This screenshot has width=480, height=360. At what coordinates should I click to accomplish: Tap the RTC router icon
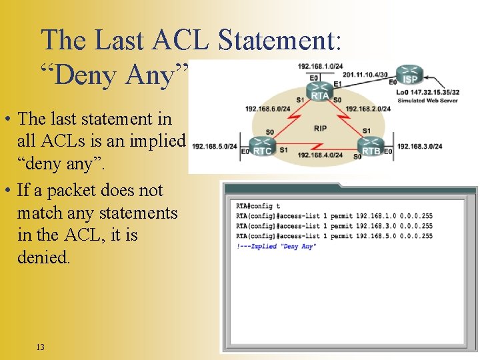[262, 145]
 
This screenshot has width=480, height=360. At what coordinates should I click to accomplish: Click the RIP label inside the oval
[320, 128]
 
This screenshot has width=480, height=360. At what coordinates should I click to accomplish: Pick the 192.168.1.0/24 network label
[320, 67]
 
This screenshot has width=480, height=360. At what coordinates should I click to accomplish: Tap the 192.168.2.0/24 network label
[368, 109]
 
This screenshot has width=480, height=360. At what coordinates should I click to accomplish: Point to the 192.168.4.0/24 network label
[320, 155]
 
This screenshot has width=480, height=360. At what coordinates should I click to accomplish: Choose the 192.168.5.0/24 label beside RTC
[214, 146]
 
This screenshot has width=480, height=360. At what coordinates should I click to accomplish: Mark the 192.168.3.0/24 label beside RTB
[420, 146]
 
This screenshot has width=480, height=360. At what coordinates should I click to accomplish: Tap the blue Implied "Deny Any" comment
[276, 246]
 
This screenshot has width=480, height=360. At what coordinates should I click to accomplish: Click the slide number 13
[41, 347]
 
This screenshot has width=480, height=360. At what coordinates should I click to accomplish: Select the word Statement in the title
[279, 40]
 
